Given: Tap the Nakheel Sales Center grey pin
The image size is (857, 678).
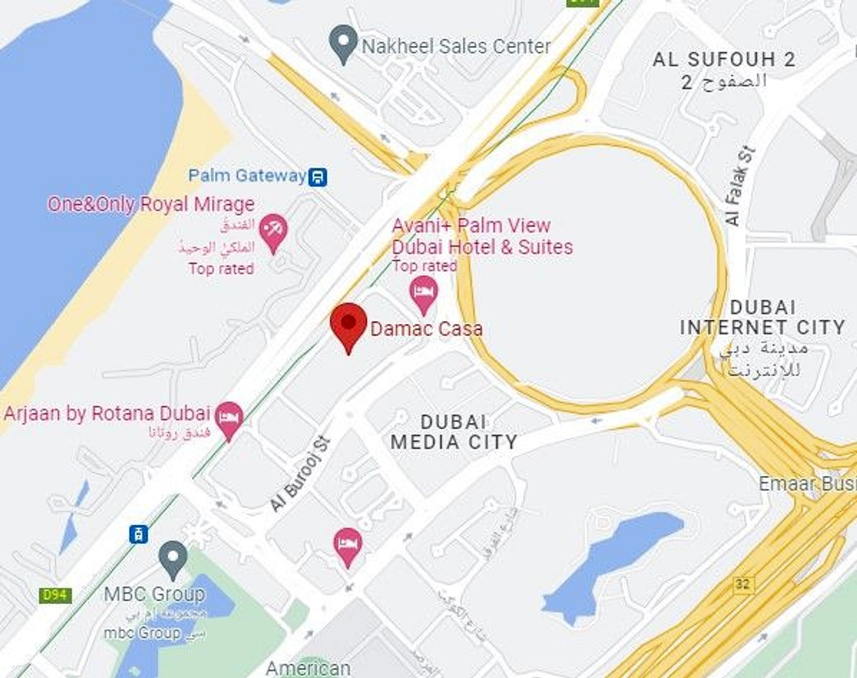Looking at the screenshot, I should [343, 43].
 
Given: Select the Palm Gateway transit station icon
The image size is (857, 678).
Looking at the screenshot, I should [318, 177].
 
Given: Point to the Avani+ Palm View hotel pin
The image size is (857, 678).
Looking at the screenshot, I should [424, 293].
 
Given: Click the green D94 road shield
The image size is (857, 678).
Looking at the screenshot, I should [55, 595].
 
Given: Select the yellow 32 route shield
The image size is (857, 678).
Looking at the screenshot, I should [742, 584].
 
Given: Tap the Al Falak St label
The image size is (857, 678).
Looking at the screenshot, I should [739, 185].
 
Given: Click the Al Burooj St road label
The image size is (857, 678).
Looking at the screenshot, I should [300, 474].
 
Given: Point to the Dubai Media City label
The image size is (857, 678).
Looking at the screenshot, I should [454, 432].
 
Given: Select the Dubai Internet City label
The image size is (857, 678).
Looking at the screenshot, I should [763, 318].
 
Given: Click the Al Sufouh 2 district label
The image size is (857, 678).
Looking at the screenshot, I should [724, 60].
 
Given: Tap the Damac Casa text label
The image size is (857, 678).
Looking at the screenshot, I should [426, 329].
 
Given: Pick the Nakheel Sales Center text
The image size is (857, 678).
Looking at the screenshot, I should [456, 46].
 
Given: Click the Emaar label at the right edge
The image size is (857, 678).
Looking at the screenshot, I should [807, 484].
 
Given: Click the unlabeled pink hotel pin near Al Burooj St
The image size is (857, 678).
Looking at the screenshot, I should [347, 545].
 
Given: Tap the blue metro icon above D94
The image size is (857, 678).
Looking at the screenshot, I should [139, 534].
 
